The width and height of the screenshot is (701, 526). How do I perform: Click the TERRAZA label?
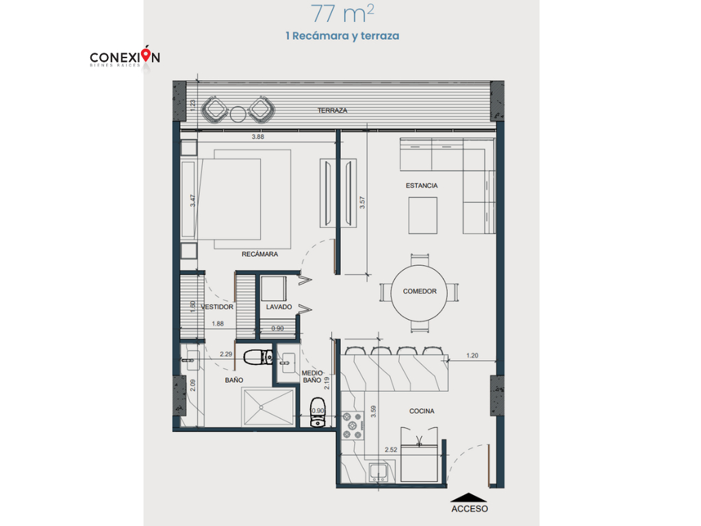(x=332, y=110)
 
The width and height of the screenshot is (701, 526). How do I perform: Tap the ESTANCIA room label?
(x=422, y=186)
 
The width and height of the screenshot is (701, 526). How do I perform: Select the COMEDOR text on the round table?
(x=420, y=291)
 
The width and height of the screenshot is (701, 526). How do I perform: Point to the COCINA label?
(x=422, y=411)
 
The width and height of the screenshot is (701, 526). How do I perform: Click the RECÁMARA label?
(x=259, y=254)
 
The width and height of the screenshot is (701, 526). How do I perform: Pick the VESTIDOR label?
(x=217, y=307)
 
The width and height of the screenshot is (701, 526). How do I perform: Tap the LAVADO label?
(x=279, y=307)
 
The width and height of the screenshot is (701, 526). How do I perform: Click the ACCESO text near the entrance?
(x=470, y=509)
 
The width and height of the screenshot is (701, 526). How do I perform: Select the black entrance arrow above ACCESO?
(x=468, y=497)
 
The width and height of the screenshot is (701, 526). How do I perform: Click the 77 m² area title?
(x=342, y=14)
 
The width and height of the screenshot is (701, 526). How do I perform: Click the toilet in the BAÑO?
(x=258, y=357)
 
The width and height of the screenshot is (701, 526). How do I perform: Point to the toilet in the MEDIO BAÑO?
(x=318, y=412)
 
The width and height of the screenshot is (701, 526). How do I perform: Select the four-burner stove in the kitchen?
(x=353, y=425)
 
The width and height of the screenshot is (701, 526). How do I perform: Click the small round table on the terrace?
(x=238, y=114)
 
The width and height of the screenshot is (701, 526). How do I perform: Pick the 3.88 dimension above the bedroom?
(x=258, y=137)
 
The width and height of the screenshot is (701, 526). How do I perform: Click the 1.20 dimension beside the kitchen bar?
(x=472, y=355)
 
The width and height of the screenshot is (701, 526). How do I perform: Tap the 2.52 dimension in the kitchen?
(x=391, y=449)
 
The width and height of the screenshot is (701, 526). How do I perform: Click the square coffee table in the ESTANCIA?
(x=423, y=215)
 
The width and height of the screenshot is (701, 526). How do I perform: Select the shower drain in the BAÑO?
(x=261, y=408)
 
